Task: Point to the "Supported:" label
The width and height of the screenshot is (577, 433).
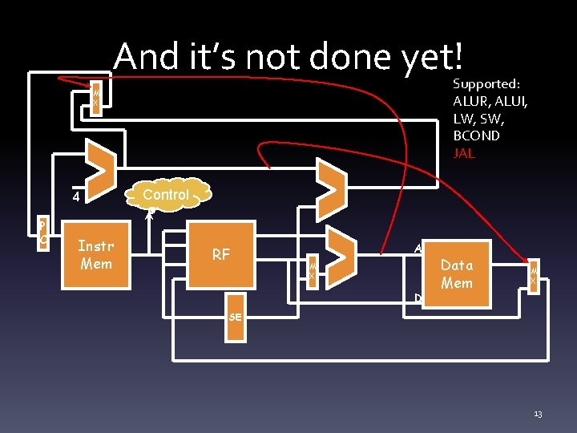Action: click(x=486, y=83)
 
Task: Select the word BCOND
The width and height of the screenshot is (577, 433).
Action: click(x=476, y=136)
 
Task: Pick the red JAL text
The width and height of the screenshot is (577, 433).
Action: click(x=464, y=153)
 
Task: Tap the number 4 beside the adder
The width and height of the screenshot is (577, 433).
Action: click(x=75, y=196)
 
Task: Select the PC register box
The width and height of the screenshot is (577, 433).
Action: click(x=44, y=232)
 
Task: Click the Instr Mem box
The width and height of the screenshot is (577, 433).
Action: click(x=96, y=255)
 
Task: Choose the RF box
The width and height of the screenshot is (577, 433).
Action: click(x=221, y=255)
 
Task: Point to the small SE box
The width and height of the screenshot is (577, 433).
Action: click(x=235, y=317)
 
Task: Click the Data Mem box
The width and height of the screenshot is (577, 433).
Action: click(x=457, y=273)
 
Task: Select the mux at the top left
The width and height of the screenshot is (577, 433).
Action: click(x=95, y=99)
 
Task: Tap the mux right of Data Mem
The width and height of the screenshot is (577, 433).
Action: click(x=532, y=276)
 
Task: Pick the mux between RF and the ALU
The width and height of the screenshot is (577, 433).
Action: click(x=313, y=271)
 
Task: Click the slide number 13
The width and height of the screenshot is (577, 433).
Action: click(x=538, y=414)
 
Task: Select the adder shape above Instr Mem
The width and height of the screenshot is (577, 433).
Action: click(x=101, y=168)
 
